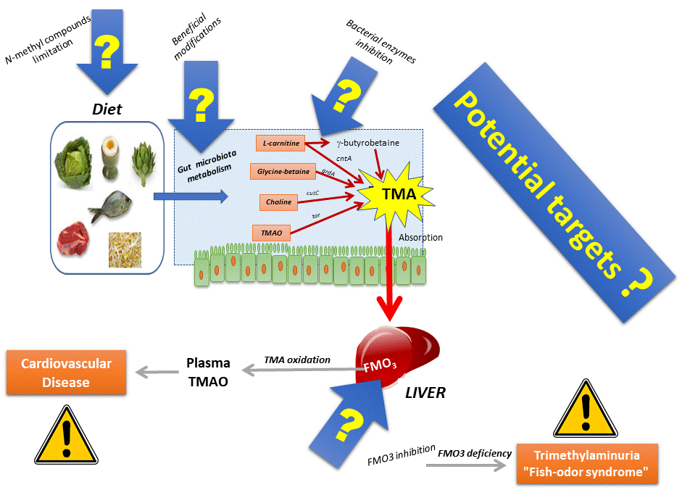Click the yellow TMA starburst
(x=399, y=193)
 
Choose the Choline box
(x=278, y=202)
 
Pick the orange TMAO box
(x=271, y=233)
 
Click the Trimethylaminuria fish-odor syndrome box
(x=587, y=464)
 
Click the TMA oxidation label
(x=296, y=360)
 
